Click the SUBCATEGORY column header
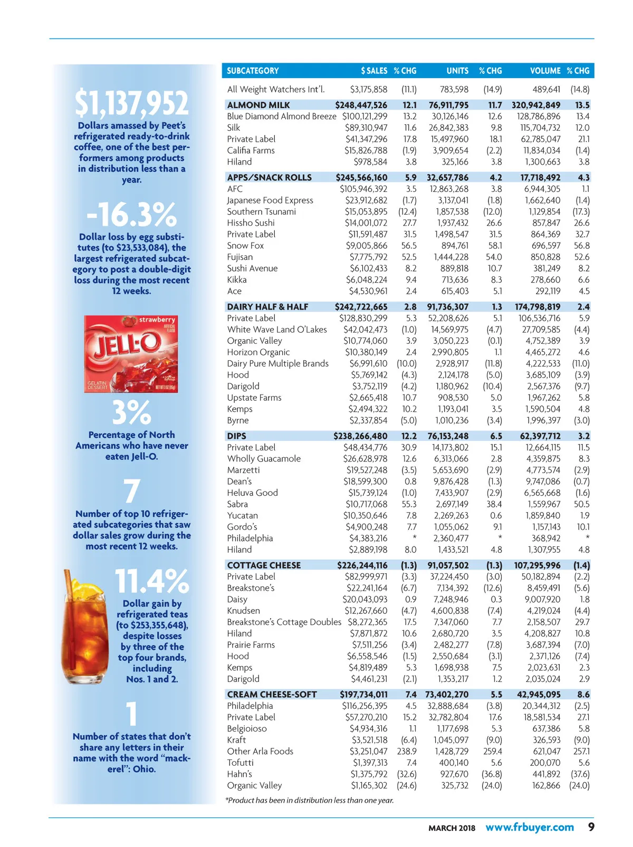(253, 71)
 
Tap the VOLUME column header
(545, 71)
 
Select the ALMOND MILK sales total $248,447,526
(361, 105)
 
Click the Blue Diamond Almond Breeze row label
(281, 116)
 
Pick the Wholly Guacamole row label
(264, 459)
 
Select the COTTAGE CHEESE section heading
(263, 565)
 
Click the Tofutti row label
(240, 763)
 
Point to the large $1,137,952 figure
(131, 103)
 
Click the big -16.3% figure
(131, 215)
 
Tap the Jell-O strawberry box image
(131, 353)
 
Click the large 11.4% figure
(152, 581)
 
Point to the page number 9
(591, 827)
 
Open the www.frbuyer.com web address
(529, 827)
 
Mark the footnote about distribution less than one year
(310, 801)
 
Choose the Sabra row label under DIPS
(237, 504)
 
